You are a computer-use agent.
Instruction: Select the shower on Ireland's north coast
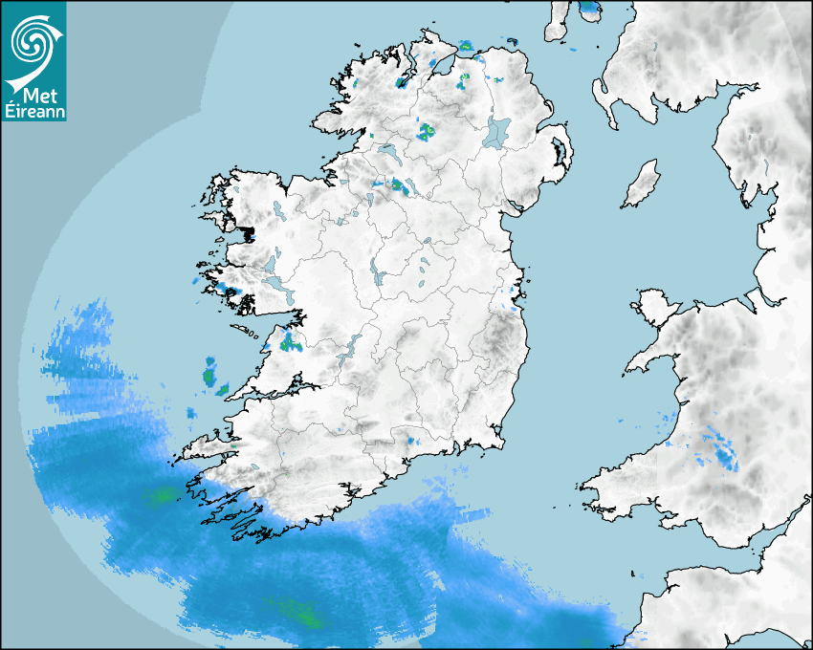pos(466,45)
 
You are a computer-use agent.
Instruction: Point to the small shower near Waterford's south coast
pos(412,442)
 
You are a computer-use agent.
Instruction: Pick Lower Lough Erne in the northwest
pos(389,153)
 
